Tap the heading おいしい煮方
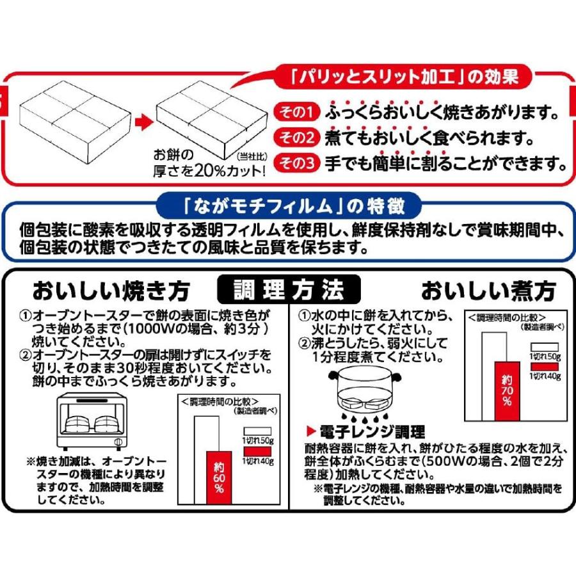pyautogui.click(x=488, y=291)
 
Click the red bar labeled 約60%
pyautogui.click(x=220, y=477)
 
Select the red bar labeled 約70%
pyautogui.click(x=506, y=391)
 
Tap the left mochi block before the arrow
pyautogui.click(x=74, y=118)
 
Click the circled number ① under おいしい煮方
pyautogui.click(x=304, y=317)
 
